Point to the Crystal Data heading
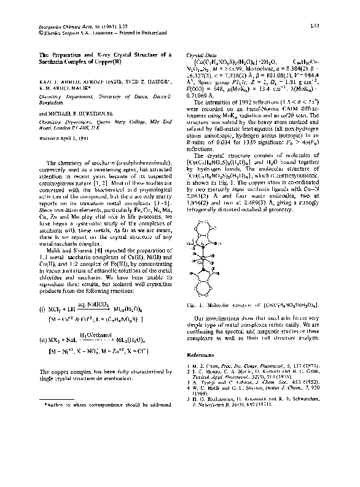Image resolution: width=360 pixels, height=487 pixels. click(x=199, y=55)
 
